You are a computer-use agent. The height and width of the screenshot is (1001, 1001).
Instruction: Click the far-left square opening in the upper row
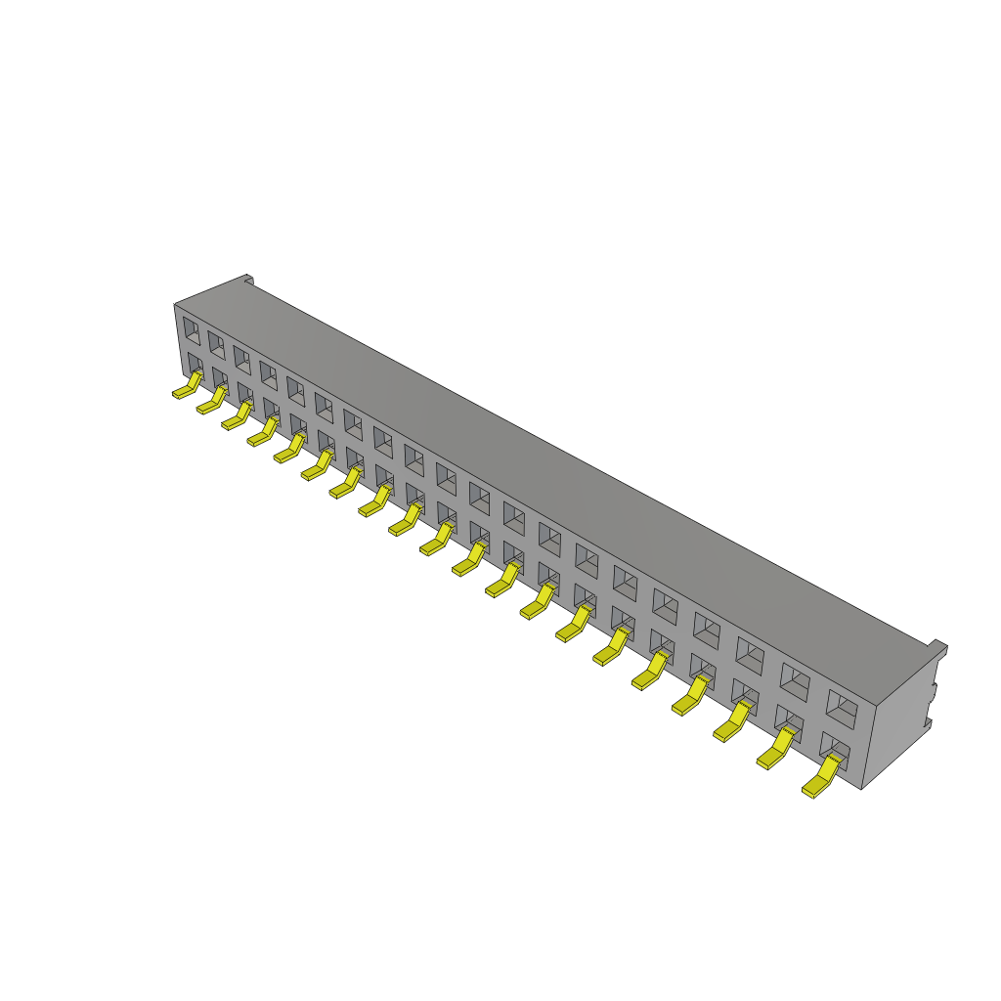191,329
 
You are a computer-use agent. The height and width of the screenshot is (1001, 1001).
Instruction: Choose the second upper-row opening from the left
215,343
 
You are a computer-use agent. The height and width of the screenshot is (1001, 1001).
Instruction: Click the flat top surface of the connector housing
547,450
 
